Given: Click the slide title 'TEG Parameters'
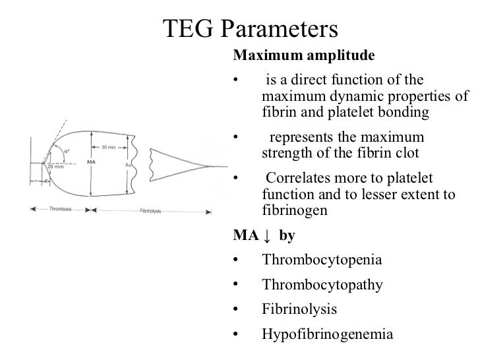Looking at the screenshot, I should (250, 28).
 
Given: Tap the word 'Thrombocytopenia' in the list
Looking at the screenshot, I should (321, 259).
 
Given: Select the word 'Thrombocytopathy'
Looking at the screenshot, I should (322, 285).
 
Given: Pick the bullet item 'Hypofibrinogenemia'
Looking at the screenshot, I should (327, 334).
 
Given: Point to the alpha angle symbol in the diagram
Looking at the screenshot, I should (66, 152).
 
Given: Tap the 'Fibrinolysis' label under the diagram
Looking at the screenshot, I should (152, 210).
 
